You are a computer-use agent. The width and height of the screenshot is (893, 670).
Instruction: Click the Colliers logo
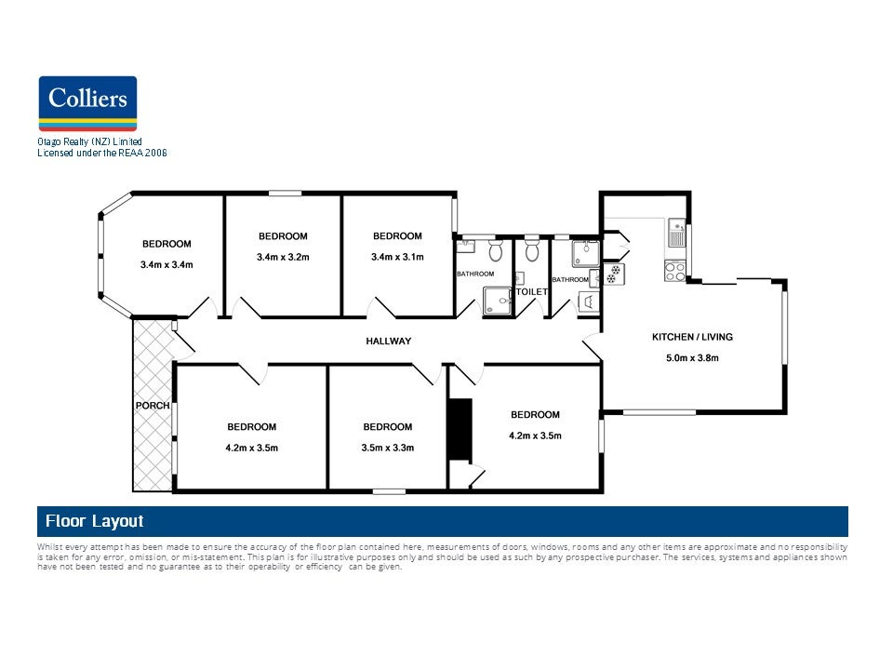(87, 103)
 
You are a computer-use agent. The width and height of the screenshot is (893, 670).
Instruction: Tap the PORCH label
(153, 406)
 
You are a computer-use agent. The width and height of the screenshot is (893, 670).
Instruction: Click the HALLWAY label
(389, 342)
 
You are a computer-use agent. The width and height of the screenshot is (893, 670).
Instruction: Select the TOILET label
(531, 291)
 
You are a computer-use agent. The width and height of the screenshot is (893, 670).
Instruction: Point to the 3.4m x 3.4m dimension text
(167, 265)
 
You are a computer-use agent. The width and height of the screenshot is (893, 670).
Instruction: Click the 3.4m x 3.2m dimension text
(283, 258)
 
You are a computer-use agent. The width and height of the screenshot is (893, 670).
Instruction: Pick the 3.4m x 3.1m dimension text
(397, 258)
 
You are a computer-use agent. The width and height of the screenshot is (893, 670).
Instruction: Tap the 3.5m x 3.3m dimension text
(388, 449)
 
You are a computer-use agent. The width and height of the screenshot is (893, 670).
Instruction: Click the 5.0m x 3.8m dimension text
(692, 358)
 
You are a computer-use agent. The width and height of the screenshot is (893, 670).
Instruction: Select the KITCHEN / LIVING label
(692, 337)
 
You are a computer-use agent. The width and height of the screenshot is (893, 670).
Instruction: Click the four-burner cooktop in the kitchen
(675, 271)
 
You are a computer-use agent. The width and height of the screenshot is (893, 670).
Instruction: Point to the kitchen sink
(676, 233)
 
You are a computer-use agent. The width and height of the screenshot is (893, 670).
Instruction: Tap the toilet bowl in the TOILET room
(532, 249)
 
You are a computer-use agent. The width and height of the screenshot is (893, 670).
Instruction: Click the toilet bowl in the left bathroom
(496, 249)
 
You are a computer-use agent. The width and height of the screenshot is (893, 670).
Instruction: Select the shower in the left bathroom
(498, 301)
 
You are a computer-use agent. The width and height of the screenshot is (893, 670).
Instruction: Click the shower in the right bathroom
(586, 253)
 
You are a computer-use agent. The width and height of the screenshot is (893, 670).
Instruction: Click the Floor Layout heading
(95, 522)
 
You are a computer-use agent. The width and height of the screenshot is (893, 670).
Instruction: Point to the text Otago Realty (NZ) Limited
(90, 141)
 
